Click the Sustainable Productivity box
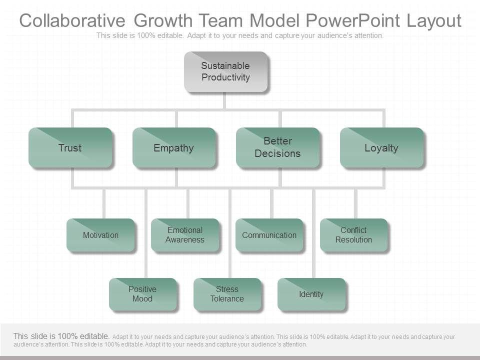coord(225,71)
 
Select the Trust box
coord(70,147)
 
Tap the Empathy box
coord(173,147)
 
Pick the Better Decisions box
coord(277,147)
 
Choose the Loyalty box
coord(381,147)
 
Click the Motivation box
coord(100,235)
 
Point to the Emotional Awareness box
coord(185,235)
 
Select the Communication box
coord(269,235)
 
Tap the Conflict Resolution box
coord(353,235)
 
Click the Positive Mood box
coord(142,294)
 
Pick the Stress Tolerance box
coord(227,294)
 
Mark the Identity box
coord(311,294)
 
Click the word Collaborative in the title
coord(72,21)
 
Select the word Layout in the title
coord(433,21)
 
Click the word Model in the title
coord(274,21)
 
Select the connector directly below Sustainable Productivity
coord(225,101)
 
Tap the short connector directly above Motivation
coord(104,203)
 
